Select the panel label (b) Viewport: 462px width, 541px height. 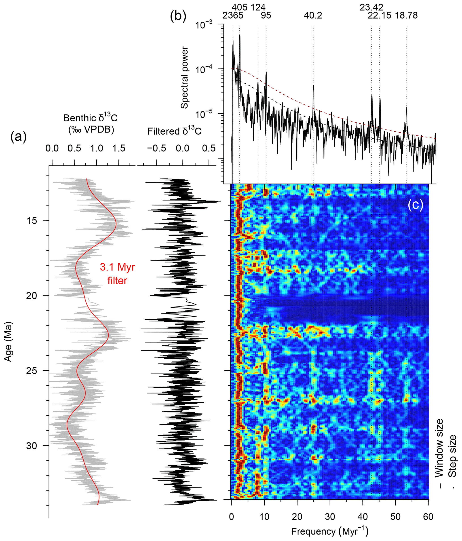click(x=178, y=16)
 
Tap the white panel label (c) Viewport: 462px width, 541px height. click(x=415, y=205)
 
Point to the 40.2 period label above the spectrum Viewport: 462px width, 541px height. click(x=313, y=16)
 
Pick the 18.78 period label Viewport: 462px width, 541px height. click(x=406, y=16)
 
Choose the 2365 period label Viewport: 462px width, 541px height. click(x=233, y=16)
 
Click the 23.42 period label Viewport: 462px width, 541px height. click(x=371, y=7)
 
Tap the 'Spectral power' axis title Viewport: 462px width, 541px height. click(x=185, y=78)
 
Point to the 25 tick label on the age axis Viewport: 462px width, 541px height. click(x=31, y=370)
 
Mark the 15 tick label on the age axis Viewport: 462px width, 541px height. click(x=31, y=220)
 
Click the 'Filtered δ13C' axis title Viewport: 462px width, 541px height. click(x=174, y=131)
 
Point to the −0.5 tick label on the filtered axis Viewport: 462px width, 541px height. click(x=156, y=148)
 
